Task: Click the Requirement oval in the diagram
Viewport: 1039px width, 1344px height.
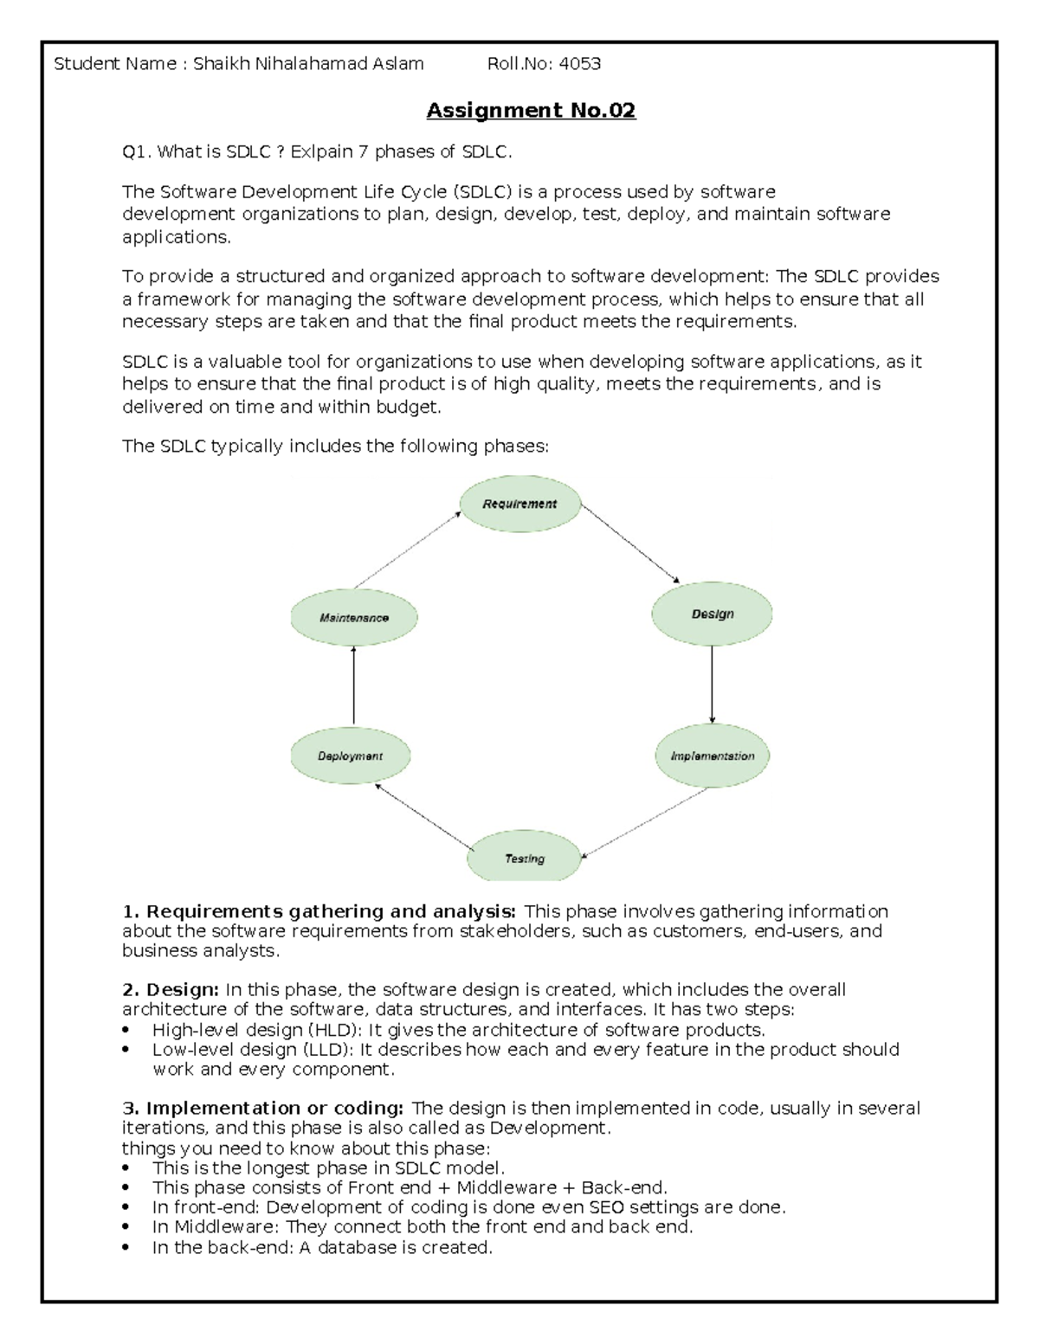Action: [x=519, y=504]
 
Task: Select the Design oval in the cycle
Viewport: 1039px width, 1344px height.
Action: [x=712, y=614]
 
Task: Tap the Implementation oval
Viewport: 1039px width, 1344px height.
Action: [x=712, y=756]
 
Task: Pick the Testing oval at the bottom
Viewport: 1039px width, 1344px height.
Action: [x=524, y=858]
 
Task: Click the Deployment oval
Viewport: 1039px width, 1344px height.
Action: [x=350, y=756]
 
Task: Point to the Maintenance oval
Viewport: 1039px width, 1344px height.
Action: [x=353, y=618]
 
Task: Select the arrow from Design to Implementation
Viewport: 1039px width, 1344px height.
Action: [x=712, y=684]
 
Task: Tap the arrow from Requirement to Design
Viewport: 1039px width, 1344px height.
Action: [x=630, y=544]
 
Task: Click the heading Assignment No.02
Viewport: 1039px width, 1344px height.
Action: [x=531, y=111]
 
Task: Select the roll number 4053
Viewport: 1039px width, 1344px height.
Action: [x=579, y=63]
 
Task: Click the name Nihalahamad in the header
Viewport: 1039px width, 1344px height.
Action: [x=316, y=63]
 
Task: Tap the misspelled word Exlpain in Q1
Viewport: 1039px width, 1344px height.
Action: [x=321, y=152]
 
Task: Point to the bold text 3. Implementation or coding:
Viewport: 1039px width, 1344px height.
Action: [x=263, y=1108]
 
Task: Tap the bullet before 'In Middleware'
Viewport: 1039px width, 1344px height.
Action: [x=127, y=1228]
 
